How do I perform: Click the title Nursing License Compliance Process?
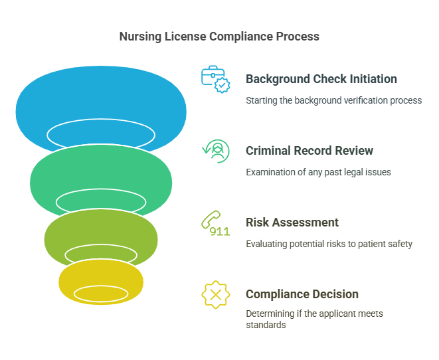pos(219,37)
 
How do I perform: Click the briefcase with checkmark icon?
pos(215,79)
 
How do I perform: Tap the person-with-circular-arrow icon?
pos(215,151)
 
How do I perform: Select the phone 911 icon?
pos(215,223)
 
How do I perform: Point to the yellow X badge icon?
pos(215,295)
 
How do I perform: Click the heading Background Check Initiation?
pos(321,79)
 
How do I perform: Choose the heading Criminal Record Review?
pos(309,151)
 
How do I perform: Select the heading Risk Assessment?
pos(292,223)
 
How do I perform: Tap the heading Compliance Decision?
pos(302,294)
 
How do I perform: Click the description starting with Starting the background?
pos(333,101)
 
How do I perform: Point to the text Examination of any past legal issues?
pos(318,173)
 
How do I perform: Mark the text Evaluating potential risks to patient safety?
pos(329,244)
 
